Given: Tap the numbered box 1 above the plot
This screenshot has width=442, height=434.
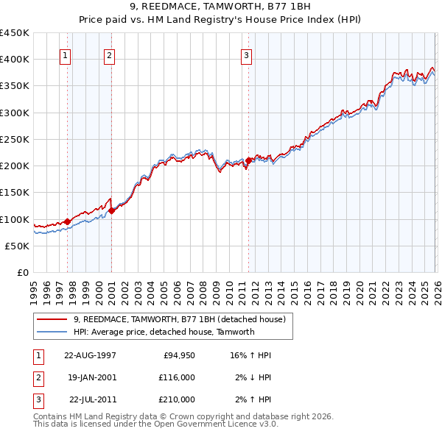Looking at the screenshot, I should (66, 54).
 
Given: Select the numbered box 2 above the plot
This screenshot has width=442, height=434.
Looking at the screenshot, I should (109, 54).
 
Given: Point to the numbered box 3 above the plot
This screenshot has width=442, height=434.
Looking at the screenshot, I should (246, 54).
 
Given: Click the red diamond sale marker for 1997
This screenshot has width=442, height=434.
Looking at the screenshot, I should (67, 221).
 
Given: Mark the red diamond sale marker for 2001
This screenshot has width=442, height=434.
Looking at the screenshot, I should (111, 210).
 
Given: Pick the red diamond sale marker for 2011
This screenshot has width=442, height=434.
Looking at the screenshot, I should (248, 160).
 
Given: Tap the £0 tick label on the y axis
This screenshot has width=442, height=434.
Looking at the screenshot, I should (22, 272).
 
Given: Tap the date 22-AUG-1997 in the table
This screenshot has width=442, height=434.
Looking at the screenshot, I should (90, 355).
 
